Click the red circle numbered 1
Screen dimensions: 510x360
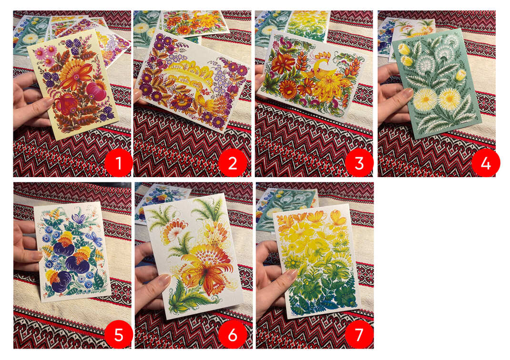[119, 162]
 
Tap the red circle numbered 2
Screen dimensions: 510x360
[233, 162]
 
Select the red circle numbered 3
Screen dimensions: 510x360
[359, 162]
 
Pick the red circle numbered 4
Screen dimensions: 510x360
[486, 162]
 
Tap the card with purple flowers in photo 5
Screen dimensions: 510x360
[72, 252]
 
